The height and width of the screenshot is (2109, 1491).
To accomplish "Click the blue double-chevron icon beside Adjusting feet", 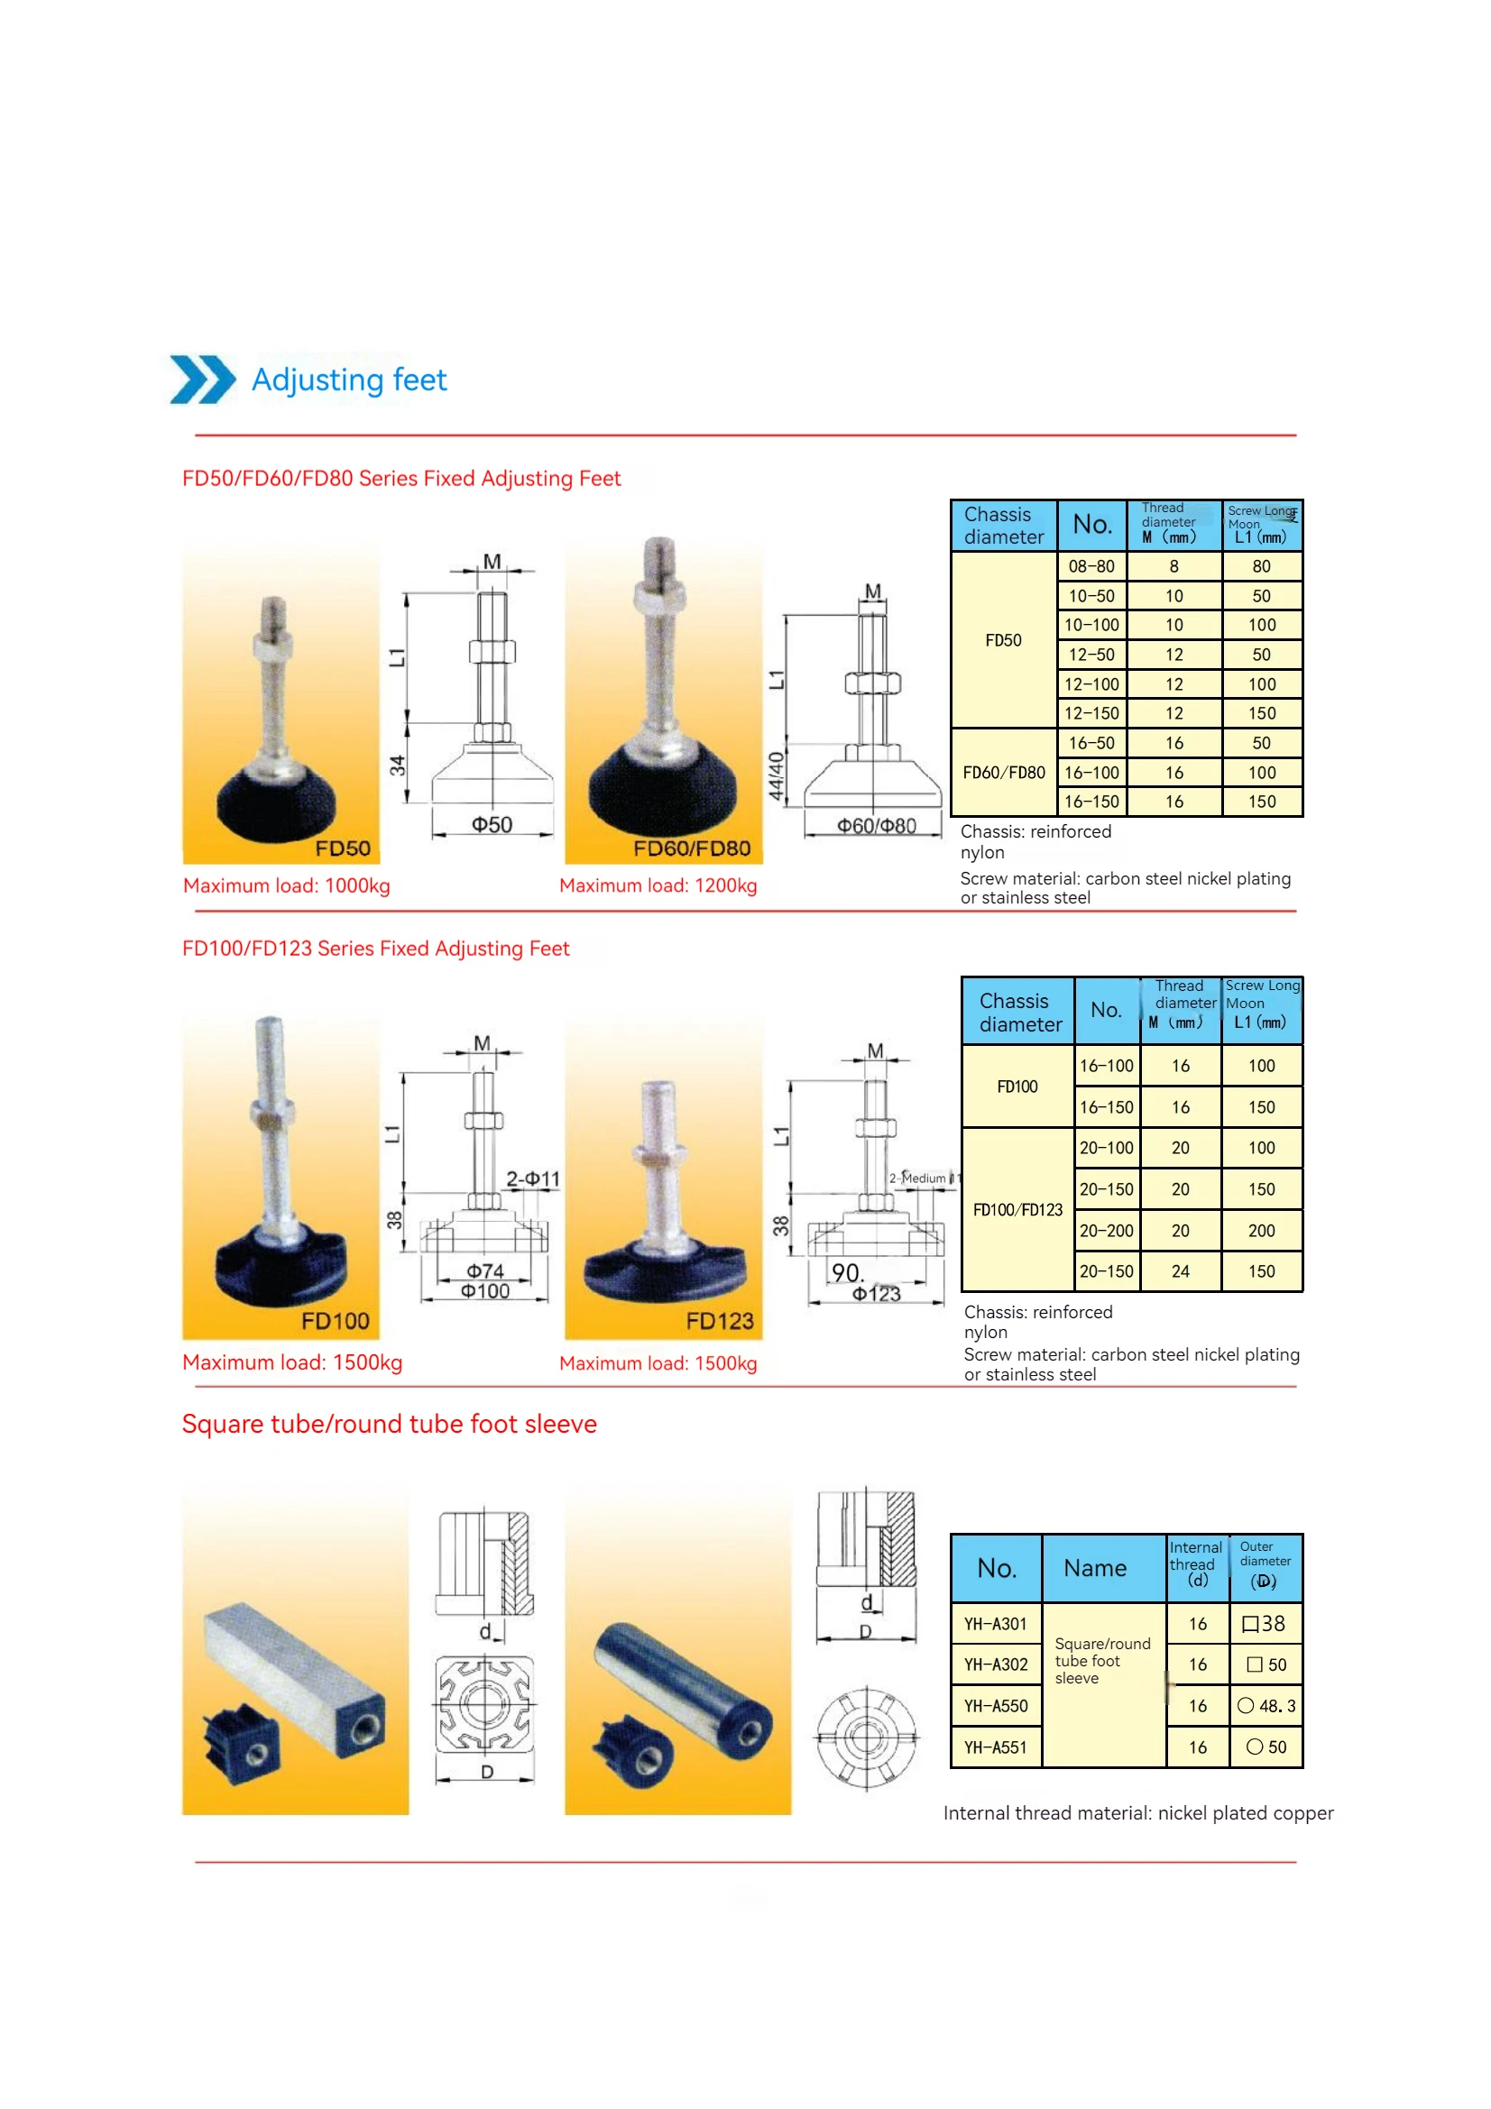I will coord(202,380).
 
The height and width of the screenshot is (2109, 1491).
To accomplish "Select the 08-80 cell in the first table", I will coord(1091,567).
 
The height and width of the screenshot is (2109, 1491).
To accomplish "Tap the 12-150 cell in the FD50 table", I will coord(1091,714).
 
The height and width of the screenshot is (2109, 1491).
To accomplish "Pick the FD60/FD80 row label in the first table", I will coord(1003,773).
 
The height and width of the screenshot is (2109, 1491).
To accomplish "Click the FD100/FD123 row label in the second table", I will coord(1017,1210).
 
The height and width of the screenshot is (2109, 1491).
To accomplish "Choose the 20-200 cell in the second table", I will coord(1106,1231).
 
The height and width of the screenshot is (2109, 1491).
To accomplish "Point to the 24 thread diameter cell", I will coord(1180,1272).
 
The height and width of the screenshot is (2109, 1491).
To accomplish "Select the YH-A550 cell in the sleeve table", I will coord(995,1707).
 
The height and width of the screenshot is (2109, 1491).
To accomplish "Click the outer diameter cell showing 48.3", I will coord(1266,1707).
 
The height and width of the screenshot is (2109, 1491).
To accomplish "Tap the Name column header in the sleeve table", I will coord(1094,1569).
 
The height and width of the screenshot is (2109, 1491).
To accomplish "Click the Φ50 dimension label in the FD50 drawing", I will coord(492,826).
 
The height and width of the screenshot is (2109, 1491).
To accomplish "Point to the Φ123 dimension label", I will coord(876,1295).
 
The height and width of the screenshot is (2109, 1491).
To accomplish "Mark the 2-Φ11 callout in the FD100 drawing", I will coord(532,1179).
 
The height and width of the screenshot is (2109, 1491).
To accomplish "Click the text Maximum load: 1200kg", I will coord(658,886).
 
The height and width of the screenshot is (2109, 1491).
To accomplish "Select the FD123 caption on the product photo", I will coord(718,1322).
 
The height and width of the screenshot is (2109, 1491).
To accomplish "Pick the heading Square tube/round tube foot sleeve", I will coord(389,1425).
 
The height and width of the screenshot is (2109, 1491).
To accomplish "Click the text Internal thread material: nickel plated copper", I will coord(1137,1814).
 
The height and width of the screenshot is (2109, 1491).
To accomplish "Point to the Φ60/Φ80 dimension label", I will coord(876,827).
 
